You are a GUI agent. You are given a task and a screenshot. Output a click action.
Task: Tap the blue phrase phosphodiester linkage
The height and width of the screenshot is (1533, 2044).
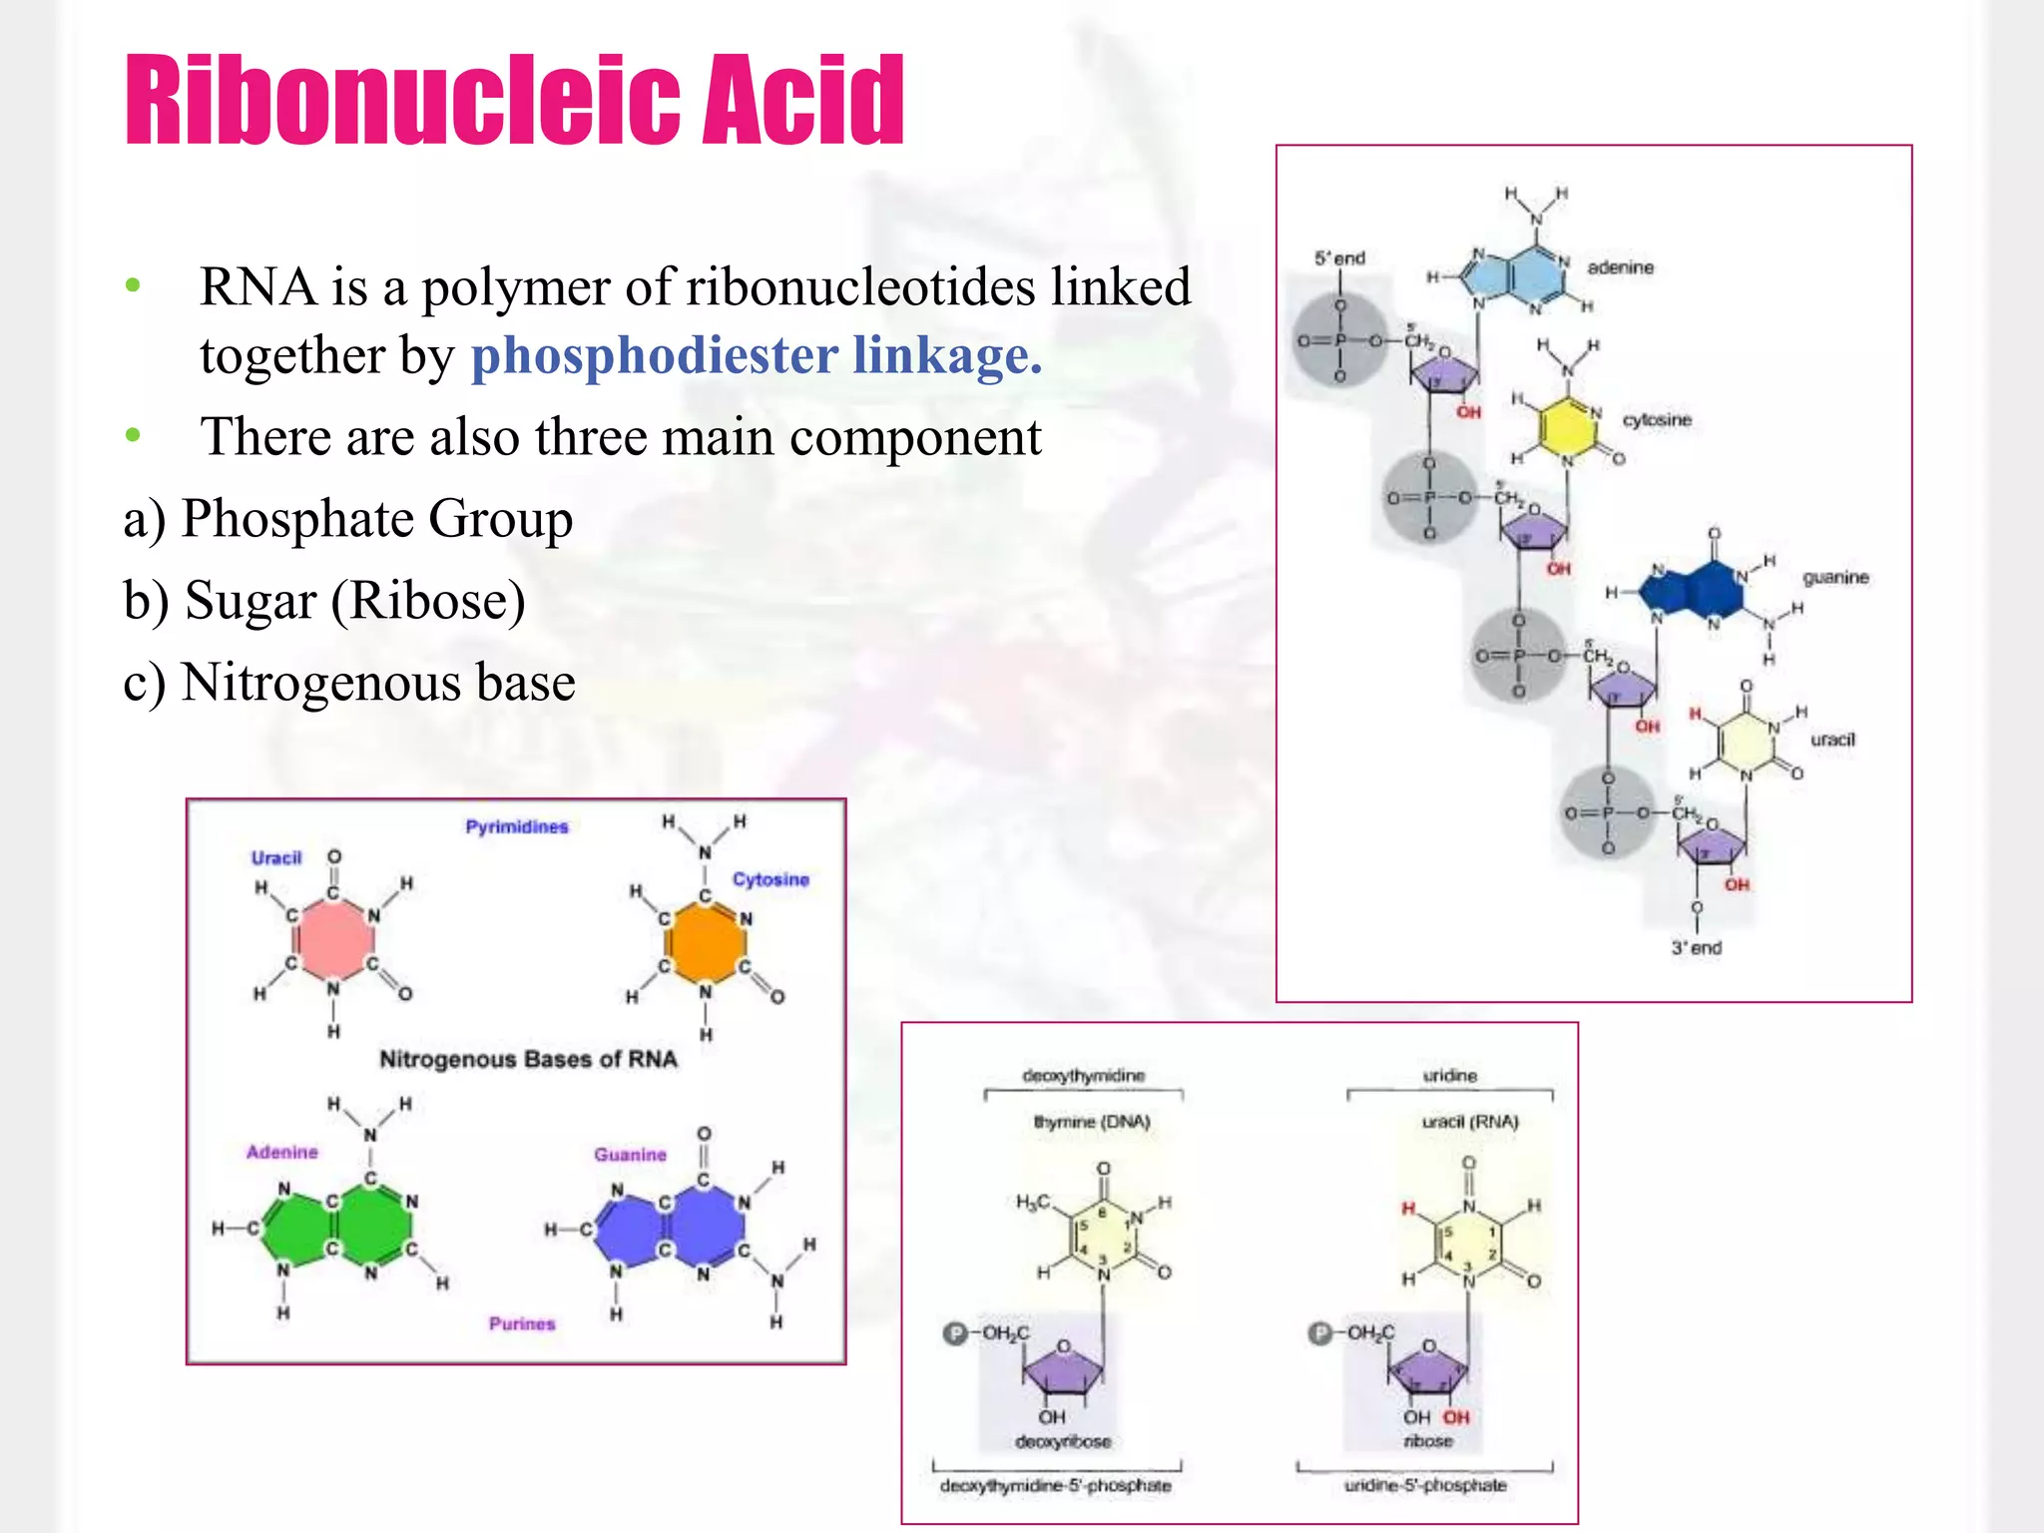pyautogui.click(x=756, y=355)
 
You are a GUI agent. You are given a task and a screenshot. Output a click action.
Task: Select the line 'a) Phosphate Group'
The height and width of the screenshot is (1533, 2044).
pyautogui.click(x=347, y=519)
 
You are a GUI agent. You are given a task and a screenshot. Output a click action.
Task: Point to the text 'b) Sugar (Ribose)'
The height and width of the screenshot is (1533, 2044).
pyautogui.click(x=324, y=601)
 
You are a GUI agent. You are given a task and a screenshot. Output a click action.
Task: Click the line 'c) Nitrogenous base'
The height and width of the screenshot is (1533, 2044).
pyautogui.click(x=349, y=683)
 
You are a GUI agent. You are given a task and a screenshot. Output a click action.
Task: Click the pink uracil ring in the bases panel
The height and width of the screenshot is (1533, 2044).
pyautogui.click(x=333, y=939)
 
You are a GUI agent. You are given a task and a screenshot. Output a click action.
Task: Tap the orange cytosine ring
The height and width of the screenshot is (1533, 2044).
pyautogui.click(x=706, y=942)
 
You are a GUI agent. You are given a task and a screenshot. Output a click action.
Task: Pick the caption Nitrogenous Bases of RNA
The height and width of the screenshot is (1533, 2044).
pyautogui.click(x=528, y=1059)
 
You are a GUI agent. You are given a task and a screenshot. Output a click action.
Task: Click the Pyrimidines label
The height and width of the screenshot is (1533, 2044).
pyautogui.click(x=516, y=826)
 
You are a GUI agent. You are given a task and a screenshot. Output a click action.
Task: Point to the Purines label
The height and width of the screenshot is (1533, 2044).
pyautogui.click(x=521, y=1323)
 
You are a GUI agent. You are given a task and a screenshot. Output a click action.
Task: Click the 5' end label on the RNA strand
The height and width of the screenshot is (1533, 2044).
pyautogui.click(x=1339, y=258)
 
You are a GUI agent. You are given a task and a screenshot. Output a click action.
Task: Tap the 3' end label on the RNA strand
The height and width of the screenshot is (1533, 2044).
pyautogui.click(x=1697, y=947)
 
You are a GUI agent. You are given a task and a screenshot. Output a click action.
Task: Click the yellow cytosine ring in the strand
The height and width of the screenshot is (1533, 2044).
pyautogui.click(x=1567, y=427)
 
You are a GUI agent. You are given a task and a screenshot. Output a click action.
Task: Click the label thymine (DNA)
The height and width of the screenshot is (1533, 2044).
pyautogui.click(x=1092, y=1122)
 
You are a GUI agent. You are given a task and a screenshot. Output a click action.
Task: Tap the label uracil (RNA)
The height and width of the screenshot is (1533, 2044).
pyautogui.click(x=1469, y=1122)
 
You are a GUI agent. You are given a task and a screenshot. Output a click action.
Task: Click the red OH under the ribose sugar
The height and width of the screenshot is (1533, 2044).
pyautogui.click(x=1456, y=1417)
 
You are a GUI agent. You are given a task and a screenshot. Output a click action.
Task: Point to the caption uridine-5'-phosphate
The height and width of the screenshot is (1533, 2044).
pyautogui.click(x=1424, y=1485)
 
